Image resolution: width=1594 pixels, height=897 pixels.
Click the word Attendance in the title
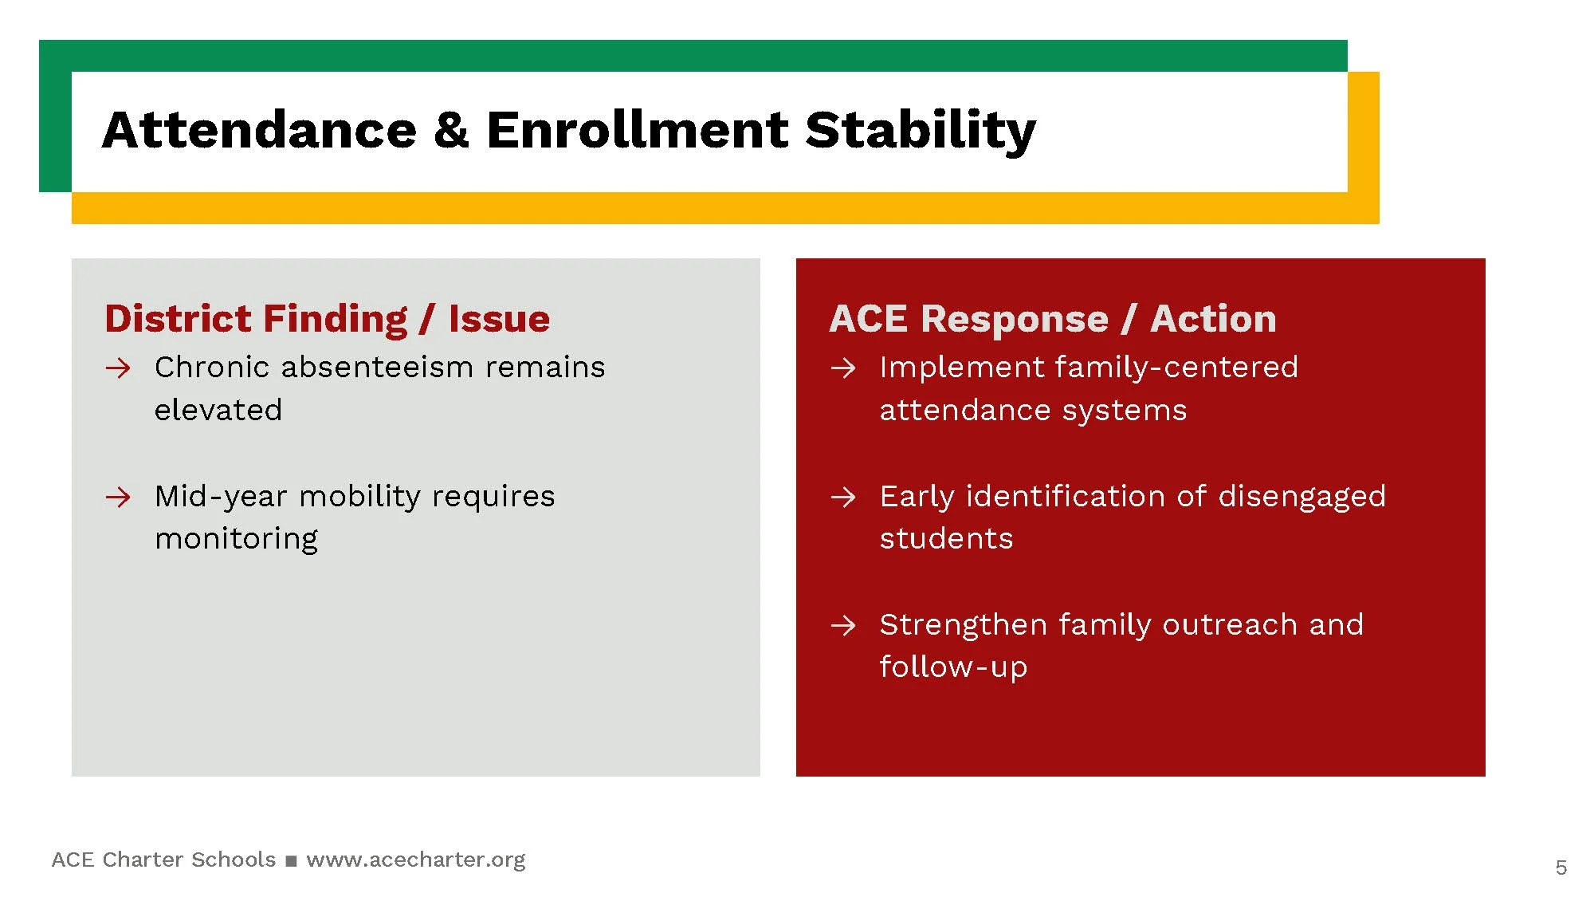click(x=259, y=130)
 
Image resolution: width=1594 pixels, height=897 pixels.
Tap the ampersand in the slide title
click(x=451, y=130)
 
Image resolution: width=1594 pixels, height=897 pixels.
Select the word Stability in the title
click(x=920, y=130)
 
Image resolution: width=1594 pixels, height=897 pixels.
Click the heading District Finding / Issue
click(x=327, y=319)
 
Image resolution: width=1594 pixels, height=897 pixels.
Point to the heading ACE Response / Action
click(x=1052, y=319)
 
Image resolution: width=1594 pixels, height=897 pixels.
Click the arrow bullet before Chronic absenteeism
click(x=118, y=368)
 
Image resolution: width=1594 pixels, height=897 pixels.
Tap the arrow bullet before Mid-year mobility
click(x=118, y=498)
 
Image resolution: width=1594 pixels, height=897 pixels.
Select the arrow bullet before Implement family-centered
click(x=843, y=368)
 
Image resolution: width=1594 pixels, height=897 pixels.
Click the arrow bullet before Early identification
click(x=843, y=498)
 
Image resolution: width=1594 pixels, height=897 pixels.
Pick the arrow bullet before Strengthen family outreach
click(x=843, y=626)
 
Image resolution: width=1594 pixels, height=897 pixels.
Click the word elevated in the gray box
click(x=218, y=411)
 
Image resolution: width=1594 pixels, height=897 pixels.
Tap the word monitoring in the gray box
click(x=236, y=540)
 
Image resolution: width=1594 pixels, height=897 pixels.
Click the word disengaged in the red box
click(x=1302, y=497)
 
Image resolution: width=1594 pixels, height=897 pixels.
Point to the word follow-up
click(x=953, y=667)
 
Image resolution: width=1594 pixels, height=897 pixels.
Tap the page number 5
click(x=1561, y=867)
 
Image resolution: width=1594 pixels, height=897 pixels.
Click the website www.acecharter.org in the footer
click(x=415, y=860)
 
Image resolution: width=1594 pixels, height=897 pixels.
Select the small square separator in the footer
click(x=291, y=861)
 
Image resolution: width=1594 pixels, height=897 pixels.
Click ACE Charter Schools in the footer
click(x=163, y=860)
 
